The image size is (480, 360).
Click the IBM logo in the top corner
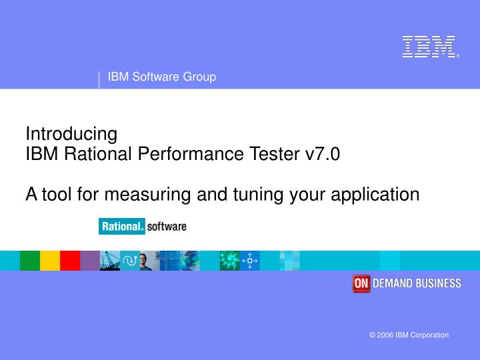430,47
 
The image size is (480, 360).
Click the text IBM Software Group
162,77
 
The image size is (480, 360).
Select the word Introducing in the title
71,134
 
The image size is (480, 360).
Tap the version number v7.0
322,154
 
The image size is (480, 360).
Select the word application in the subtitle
377,194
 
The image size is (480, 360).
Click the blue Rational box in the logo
122,227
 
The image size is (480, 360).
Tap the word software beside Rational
167,227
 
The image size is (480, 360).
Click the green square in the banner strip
30,261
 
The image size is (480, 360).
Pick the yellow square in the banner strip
50,261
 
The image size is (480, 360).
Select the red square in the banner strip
70,261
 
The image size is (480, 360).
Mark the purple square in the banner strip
89,261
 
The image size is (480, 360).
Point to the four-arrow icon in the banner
249,261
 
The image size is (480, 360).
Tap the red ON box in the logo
361,283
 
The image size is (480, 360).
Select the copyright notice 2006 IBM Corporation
409,335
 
